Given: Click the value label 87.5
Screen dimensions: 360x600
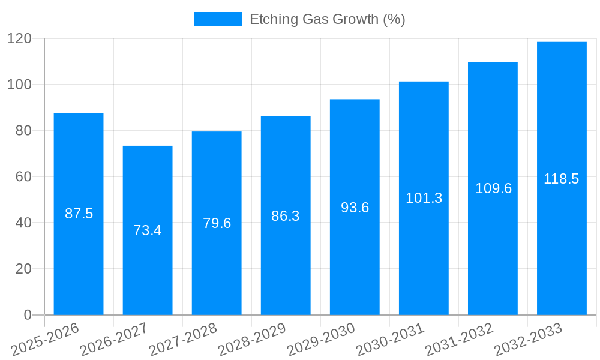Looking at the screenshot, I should coord(79,214).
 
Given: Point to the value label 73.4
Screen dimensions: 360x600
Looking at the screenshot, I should coord(148,230).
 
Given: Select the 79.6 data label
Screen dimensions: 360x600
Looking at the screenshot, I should coord(217,223).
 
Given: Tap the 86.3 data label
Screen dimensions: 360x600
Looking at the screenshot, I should coord(286,216).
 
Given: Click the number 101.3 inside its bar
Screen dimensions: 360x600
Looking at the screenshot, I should coord(424,198).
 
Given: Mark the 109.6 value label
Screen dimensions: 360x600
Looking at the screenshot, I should coord(493,188).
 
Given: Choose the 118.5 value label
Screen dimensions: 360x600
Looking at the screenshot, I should coord(562,179).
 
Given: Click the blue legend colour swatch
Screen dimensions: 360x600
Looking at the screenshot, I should coord(218,19).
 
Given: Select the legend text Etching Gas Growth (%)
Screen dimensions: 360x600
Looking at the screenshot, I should coord(327,19).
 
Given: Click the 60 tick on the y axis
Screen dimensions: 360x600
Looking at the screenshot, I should coord(23,177).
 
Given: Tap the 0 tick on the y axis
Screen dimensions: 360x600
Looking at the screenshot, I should coord(27,315).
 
